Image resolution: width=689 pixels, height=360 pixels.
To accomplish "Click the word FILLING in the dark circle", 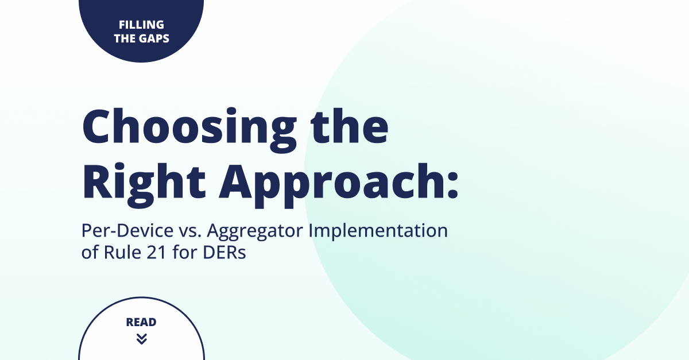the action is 141,25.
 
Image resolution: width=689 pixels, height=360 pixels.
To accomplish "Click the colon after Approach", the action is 453,186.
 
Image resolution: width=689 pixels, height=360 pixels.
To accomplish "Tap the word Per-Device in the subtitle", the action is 127,230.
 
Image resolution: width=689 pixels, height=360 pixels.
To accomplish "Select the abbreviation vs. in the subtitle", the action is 191,231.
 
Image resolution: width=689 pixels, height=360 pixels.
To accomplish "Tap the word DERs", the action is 224,253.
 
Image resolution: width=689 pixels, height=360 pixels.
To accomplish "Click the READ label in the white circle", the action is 141,322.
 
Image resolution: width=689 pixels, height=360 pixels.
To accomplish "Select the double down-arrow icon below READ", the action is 141,338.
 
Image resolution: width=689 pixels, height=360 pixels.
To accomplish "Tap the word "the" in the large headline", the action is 350,126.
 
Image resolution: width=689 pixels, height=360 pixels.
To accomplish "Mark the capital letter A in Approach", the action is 237,181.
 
